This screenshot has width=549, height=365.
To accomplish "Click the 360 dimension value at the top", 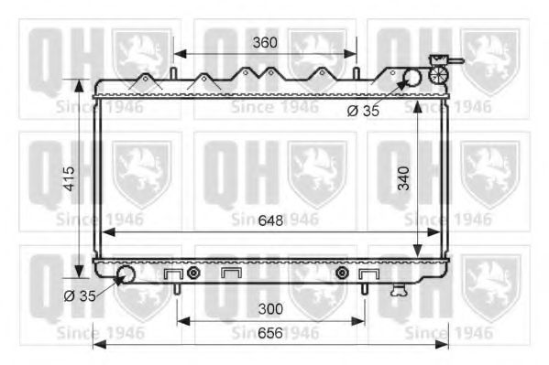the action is tap(265, 43).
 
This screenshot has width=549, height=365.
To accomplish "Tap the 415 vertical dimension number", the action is tap(70, 178).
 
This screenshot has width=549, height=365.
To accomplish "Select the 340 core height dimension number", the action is tap(403, 178).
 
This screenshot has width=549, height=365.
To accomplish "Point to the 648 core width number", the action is tap(270, 220).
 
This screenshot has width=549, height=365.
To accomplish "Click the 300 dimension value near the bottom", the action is tap(270, 309).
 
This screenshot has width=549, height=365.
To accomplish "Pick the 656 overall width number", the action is tap(270, 333).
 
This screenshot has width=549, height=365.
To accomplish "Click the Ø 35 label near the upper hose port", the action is tap(363, 111).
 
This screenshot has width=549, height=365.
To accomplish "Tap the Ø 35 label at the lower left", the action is tap(80, 296).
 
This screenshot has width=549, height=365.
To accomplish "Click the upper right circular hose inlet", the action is tap(412, 78).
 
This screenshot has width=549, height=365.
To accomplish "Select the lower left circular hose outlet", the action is tap(126, 274).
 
